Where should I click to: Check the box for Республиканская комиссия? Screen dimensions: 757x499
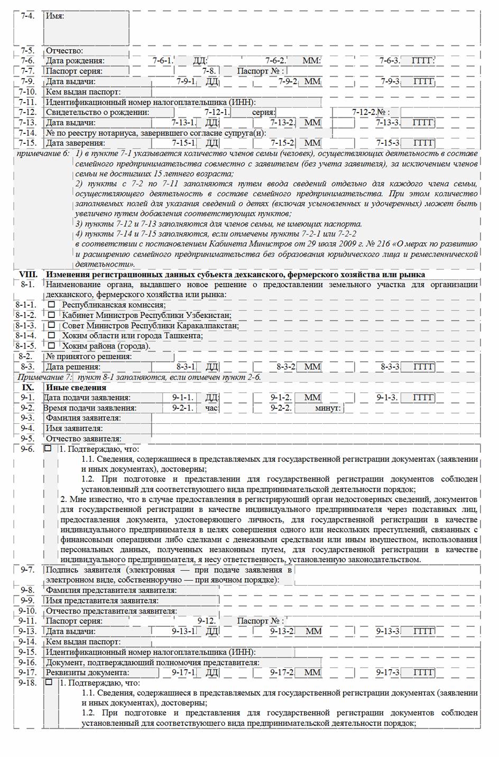[x=51, y=305]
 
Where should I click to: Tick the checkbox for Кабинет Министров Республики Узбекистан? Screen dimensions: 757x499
[x=51, y=315]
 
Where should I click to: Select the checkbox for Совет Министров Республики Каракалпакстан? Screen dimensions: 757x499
[x=51, y=325]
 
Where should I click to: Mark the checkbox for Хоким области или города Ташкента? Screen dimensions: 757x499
[x=51, y=335]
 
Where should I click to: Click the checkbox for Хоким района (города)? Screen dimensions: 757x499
[x=51, y=346]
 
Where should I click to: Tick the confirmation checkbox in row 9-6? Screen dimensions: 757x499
[x=49, y=449]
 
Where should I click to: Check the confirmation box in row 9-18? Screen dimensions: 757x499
[x=49, y=682]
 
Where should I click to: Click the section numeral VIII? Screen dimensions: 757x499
[x=28, y=275]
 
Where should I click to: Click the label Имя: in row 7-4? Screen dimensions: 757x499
[x=55, y=16]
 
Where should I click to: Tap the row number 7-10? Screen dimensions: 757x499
[x=27, y=92]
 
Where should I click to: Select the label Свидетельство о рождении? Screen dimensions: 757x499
[x=97, y=112]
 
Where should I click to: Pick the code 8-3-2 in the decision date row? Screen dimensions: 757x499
[x=286, y=367]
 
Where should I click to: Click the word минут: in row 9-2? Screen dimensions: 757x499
[x=328, y=408]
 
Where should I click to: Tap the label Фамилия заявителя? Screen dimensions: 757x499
[x=83, y=418]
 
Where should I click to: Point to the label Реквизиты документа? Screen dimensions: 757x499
[x=87, y=672]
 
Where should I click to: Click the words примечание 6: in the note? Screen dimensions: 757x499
[x=43, y=153]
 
